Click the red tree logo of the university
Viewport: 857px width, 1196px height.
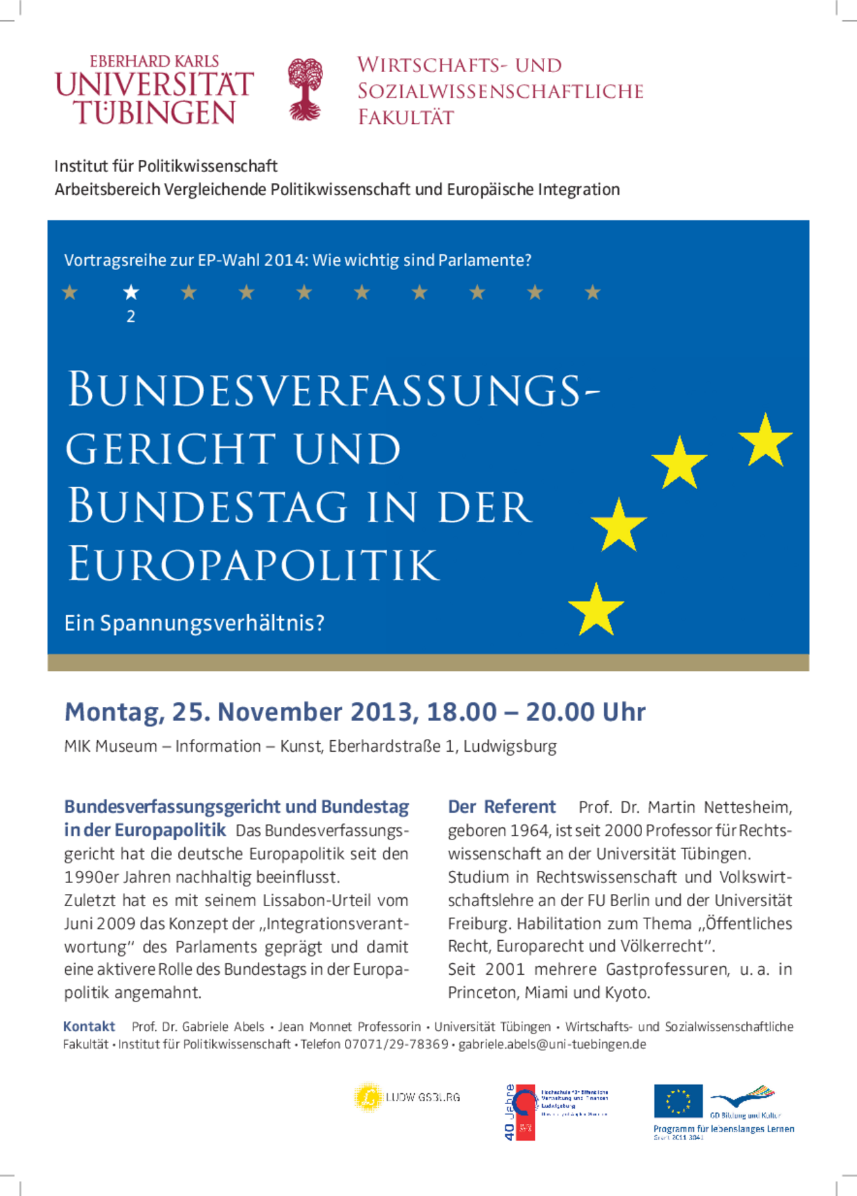coord(305,89)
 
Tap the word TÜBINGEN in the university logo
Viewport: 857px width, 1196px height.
coord(154,113)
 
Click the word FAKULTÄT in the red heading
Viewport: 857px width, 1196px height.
coord(406,117)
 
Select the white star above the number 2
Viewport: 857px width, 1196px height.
coord(131,293)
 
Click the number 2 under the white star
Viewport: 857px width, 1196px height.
coord(131,316)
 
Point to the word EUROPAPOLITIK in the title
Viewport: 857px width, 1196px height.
coord(253,564)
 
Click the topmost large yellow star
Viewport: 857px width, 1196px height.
coord(766,440)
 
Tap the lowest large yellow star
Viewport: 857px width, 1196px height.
coord(596,610)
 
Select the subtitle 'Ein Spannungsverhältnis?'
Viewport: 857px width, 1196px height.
coord(194,622)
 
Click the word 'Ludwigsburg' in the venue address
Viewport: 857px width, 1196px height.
coord(509,746)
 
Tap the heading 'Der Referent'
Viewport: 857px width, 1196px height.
coord(501,807)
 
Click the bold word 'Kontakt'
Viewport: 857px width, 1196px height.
coord(89,1027)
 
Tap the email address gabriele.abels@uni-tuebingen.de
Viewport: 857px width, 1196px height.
coord(552,1044)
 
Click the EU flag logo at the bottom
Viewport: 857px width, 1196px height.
coord(678,1101)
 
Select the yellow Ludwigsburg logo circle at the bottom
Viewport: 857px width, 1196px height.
coord(368,1097)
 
